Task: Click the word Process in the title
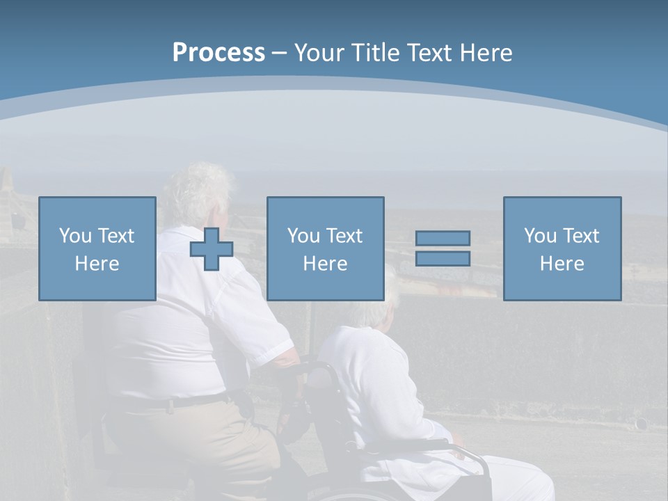click(x=218, y=53)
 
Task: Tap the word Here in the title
click(x=486, y=53)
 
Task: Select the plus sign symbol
click(x=212, y=249)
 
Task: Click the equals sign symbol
click(x=443, y=248)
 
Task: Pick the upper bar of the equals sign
click(x=443, y=239)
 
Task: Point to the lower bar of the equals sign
click(x=443, y=258)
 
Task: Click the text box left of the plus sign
click(x=97, y=248)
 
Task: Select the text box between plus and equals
click(x=326, y=248)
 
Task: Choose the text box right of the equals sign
click(x=562, y=248)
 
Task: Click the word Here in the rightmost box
click(x=562, y=264)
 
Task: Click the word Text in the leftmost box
click(x=116, y=236)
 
